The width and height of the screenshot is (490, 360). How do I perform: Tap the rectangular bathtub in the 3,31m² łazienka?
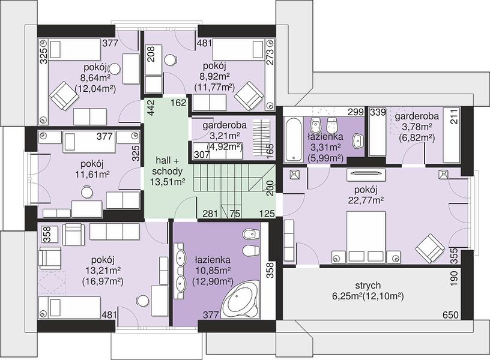click(293, 139)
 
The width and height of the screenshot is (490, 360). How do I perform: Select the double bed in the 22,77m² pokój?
click(366, 236)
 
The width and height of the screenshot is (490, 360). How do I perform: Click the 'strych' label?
click(368, 285)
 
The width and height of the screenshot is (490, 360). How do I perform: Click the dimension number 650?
click(450, 315)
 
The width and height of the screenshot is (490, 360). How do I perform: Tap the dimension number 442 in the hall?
click(151, 108)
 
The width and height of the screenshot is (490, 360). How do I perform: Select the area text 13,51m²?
click(166, 181)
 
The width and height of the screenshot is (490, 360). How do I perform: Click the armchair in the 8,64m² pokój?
click(65, 96)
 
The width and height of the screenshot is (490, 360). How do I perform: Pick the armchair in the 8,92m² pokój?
click(249, 96)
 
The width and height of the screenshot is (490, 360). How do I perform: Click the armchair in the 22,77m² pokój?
click(430, 248)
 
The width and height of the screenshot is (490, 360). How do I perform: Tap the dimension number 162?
click(179, 103)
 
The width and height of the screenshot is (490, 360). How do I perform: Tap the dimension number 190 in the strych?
click(454, 279)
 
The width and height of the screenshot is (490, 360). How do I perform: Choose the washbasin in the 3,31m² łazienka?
click(358, 141)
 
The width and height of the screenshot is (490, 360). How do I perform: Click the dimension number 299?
click(357, 112)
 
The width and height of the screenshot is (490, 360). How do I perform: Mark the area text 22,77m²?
click(366, 200)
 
